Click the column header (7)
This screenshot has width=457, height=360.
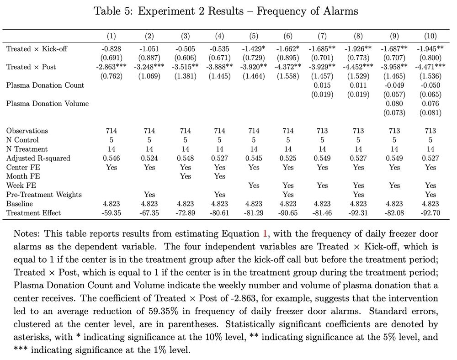coord(322,36)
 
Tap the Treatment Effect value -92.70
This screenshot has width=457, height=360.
coord(430,212)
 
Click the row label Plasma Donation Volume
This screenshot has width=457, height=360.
coord(48,103)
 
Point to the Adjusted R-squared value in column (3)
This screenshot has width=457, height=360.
coord(186,158)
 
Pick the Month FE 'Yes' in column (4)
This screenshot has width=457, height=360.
coord(220,176)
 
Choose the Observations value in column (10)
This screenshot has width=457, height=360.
coord(430,131)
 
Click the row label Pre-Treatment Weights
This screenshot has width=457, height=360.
coord(44,195)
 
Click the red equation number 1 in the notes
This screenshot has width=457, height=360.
coord(265,234)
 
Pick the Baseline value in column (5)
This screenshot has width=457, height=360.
coord(254,204)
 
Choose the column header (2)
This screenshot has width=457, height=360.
coord(149,36)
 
